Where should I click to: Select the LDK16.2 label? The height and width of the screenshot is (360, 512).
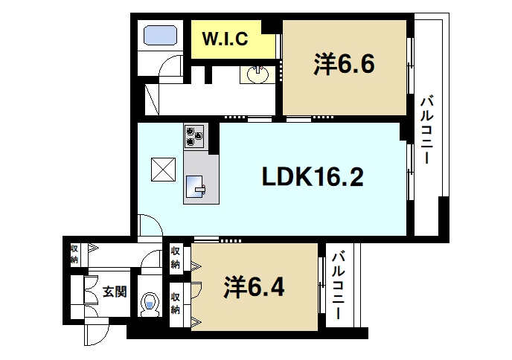coord(312,177)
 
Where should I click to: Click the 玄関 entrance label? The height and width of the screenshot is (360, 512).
coord(114,291)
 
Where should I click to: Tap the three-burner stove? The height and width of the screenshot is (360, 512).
coord(196,135)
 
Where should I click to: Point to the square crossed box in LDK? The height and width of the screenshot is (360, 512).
coord(162,170)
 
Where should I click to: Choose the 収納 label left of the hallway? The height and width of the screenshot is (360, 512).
coord(74,254)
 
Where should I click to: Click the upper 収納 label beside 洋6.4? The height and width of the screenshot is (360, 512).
coord(176,257)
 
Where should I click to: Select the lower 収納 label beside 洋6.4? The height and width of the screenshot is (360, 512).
coord(176,303)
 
